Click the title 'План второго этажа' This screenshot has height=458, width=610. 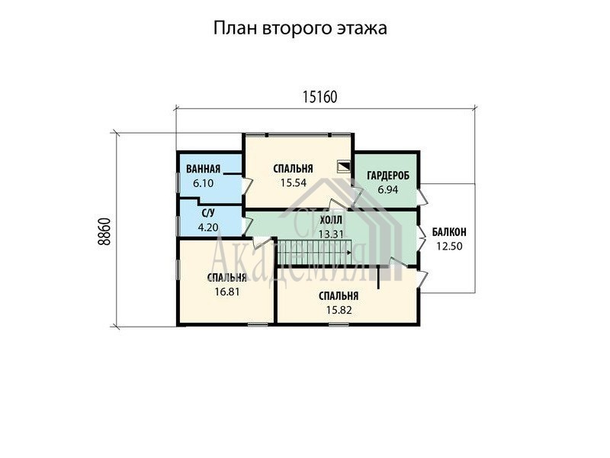tap(300, 29)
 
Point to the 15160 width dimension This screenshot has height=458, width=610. tap(319, 97)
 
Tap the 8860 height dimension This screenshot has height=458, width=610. tap(104, 231)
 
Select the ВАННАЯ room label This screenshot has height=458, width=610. tap(203, 169)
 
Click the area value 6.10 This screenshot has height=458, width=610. tap(203, 183)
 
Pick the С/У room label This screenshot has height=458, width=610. tap(208, 213)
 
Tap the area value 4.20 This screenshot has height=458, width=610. tap(208, 227)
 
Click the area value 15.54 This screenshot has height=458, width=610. tap(294, 182)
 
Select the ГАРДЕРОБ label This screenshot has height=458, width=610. tap(388, 176)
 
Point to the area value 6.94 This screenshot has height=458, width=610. tap(388, 190)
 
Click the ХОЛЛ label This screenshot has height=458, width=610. tap(331, 221)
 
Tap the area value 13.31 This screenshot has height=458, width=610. tap(331, 234)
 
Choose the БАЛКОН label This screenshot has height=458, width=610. tap(449, 233)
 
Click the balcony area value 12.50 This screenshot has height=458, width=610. tap(449, 247)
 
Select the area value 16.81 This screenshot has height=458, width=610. tap(227, 292)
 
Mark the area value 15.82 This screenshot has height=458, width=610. tap(339, 310)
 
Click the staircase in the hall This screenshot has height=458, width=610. tap(315, 253)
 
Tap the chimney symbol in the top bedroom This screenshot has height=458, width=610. tap(343, 166)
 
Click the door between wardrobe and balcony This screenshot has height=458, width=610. tap(422, 198)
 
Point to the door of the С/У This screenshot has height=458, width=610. tap(247, 224)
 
